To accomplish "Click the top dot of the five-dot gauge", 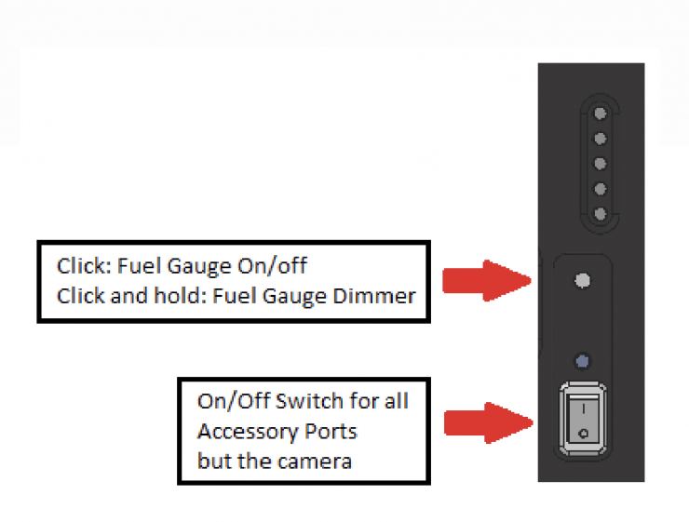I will click(601, 114).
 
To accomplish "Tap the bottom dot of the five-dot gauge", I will click(601, 214).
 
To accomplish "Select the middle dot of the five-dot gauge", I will click(601, 164).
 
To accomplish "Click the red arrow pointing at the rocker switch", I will click(486, 422).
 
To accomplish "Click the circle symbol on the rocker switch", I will click(584, 434).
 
